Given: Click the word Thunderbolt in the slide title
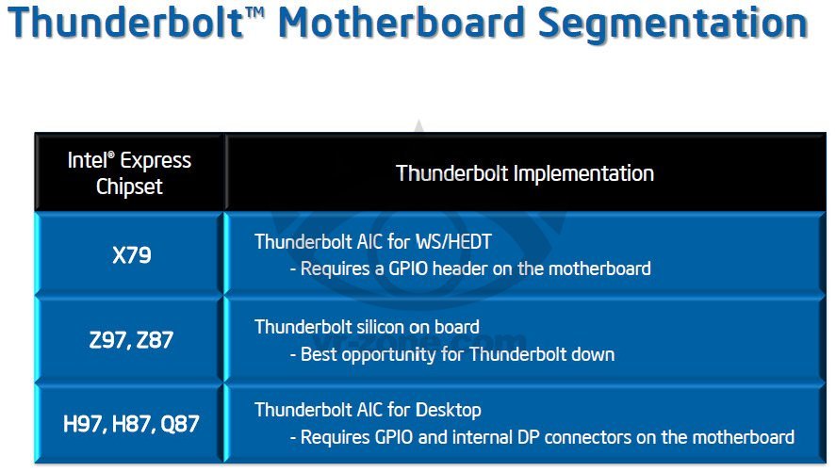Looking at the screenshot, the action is point(126,23).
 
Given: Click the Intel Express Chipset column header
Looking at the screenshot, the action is point(129,173).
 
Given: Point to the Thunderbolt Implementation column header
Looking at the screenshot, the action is point(525,173).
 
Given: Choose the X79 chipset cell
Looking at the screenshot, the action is point(132,255).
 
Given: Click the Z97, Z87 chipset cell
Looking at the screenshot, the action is point(131,340).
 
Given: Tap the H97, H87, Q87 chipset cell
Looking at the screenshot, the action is point(131,424).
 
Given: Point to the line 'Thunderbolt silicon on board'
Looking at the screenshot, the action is point(367,327).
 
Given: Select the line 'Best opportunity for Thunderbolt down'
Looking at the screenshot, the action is point(458,355).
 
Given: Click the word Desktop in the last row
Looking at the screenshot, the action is point(449,410).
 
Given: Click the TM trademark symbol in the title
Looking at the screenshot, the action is point(256,12).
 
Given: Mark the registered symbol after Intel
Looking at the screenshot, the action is point(111,155).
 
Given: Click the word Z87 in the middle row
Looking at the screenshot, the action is point(155,340).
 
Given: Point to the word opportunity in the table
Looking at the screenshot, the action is point(390,355).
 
